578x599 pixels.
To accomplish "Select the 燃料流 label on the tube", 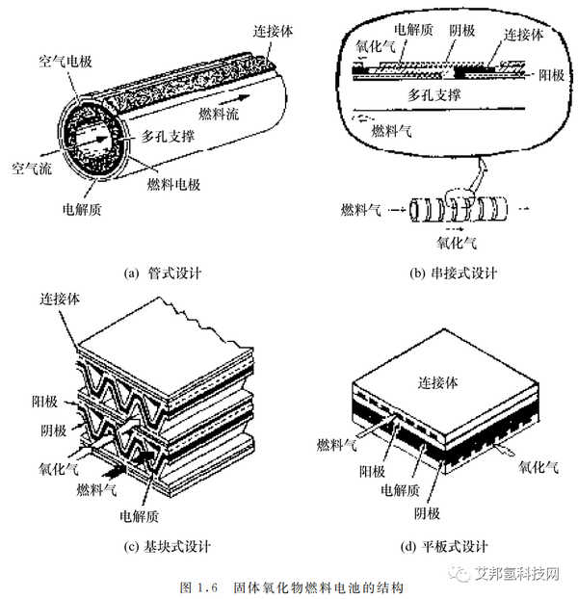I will (x=221, y=116).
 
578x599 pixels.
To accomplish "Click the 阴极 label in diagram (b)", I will (x=461, y=30).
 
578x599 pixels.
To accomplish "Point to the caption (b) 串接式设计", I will (x=453, y=273).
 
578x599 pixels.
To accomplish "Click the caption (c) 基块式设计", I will (x=168, y=549).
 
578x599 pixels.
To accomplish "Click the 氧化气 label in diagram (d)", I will (x=539, y=468).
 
